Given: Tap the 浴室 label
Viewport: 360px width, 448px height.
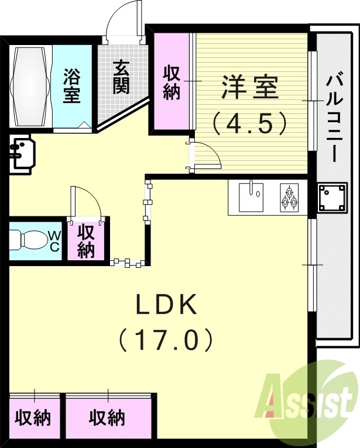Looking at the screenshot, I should click(72, 85).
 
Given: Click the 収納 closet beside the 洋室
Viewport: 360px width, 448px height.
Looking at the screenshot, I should click(172, 82).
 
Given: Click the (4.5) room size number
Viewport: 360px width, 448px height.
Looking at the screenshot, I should click(250, 123).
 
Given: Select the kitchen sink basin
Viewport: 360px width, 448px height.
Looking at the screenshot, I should click(252, 197).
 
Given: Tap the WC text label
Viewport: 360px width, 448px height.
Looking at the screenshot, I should click(54, 240).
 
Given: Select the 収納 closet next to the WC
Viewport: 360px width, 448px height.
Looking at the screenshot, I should click(86, 241).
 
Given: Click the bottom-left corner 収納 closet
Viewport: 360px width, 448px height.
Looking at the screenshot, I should click(33, 418).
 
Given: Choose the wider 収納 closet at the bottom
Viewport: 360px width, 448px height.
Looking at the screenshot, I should click(107, 418).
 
